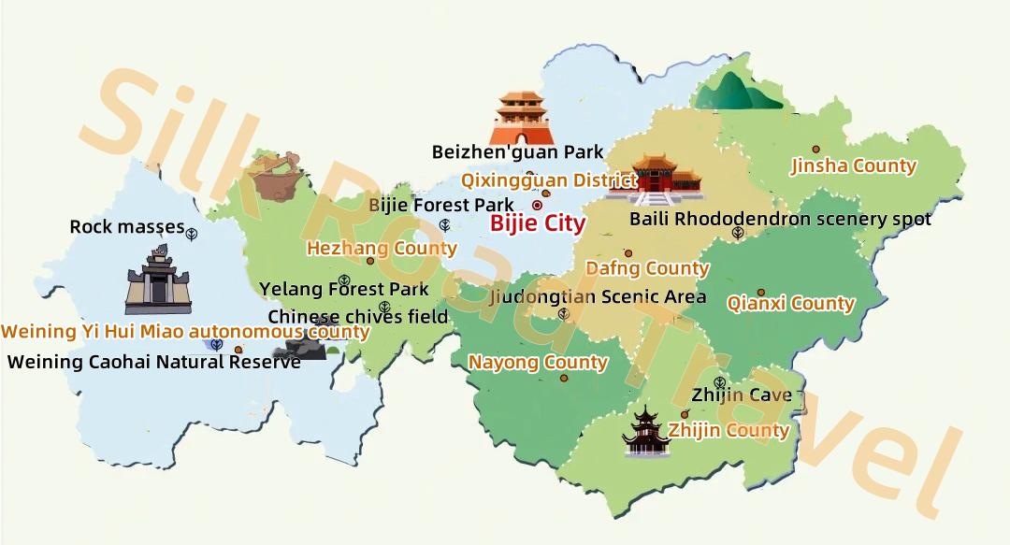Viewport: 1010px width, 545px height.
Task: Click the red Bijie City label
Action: click(x=538, y=223)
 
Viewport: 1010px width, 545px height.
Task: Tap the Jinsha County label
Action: click(x=853, y=166)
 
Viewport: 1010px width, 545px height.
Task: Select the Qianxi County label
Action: click(x=790, y=303)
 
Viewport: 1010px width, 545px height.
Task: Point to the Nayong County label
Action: click(x=538, y=362)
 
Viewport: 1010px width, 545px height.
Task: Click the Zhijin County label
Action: click(x=729, y=431)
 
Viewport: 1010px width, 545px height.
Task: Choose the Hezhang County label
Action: click(x=382, y=248)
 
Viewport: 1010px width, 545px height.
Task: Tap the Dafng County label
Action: click(x=647, y=268)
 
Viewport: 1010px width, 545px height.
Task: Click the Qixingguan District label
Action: click(x=549, y=180)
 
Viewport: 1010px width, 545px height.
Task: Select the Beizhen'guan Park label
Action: click(x=517, y=151)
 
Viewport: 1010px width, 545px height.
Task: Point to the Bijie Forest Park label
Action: click(x=441, y=205)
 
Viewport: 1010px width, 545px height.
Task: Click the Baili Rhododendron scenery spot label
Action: click(x=780, y=219)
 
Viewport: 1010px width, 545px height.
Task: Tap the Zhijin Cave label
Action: click(x=742, y=395)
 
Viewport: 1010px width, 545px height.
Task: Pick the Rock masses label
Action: click(x=127, y=227)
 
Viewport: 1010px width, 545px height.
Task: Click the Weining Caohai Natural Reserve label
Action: click(x=154, y=362)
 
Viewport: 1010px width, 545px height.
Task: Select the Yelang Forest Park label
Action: click(x=344, y=290)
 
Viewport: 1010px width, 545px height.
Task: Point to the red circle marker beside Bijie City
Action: click(x=538, y=205)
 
